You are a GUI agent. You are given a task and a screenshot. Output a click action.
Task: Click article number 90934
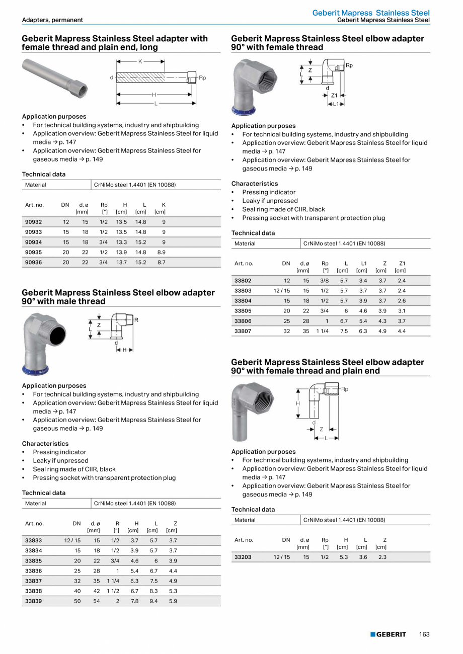(x=34, y=242)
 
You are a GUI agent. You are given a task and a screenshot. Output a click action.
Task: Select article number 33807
(x=243, y=331)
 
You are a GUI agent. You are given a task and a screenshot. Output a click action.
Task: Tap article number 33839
(x=34, y=601)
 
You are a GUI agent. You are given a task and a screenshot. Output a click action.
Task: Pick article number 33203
(x=243, y=557)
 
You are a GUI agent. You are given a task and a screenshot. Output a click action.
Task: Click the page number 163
(x=424, y=634)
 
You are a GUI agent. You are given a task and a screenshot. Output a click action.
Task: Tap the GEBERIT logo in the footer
(x=388, y=634)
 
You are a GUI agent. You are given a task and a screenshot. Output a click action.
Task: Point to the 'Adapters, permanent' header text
(x=52, y=20)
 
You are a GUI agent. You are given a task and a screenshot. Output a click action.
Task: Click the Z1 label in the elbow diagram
(x=334, y=95)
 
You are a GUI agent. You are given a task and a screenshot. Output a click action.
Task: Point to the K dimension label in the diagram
(x=140, y=61)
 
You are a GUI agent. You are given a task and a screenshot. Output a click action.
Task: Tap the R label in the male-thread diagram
(x=136, y=320)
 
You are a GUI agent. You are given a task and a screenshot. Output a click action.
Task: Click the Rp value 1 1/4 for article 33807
(x=322, y=331)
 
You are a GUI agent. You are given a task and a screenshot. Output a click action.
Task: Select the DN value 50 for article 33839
(x=77, y=601)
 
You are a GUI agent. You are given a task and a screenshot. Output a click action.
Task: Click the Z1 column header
(x=402, y=263)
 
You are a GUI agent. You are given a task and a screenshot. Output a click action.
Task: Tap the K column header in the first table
(x=164, y=205)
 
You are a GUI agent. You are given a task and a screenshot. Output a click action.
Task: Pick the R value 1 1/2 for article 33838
(x=113, y=591)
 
